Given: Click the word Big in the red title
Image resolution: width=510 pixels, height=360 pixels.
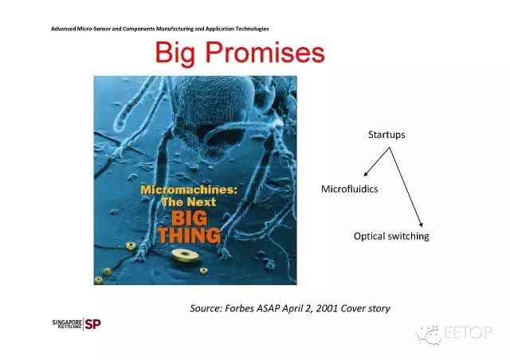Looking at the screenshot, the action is point(175,53).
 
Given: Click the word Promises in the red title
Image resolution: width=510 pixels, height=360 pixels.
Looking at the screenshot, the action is point(265,52).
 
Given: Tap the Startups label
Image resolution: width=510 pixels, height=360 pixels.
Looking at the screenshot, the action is point(386,135).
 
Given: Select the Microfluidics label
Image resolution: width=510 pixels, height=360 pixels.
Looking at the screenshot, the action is point(349,189).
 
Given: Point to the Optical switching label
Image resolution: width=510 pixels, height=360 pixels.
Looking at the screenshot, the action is point(391,237).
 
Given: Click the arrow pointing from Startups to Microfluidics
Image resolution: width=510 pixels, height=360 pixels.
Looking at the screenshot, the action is point(377,162).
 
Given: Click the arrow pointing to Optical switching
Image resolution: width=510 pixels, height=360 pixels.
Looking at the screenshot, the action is point(406,187).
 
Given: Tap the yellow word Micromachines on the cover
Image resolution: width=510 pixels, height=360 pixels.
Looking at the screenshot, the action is point(189,190).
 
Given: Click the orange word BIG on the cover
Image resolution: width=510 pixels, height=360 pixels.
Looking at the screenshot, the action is point(189,218).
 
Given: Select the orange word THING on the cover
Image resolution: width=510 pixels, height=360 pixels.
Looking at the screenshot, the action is point(189,235).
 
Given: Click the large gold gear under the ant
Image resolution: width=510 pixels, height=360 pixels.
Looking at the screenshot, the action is point(185,255).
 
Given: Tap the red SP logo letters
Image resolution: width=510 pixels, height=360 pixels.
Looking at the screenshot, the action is point(92,324).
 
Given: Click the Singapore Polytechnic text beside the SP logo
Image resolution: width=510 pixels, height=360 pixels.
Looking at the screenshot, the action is point(67,324).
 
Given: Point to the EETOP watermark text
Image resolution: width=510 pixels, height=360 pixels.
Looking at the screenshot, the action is point(468,333).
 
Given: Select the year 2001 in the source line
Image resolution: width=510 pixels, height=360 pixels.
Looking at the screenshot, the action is point(327,308).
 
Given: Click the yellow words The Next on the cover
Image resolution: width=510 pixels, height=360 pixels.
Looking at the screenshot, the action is point(189,202).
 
